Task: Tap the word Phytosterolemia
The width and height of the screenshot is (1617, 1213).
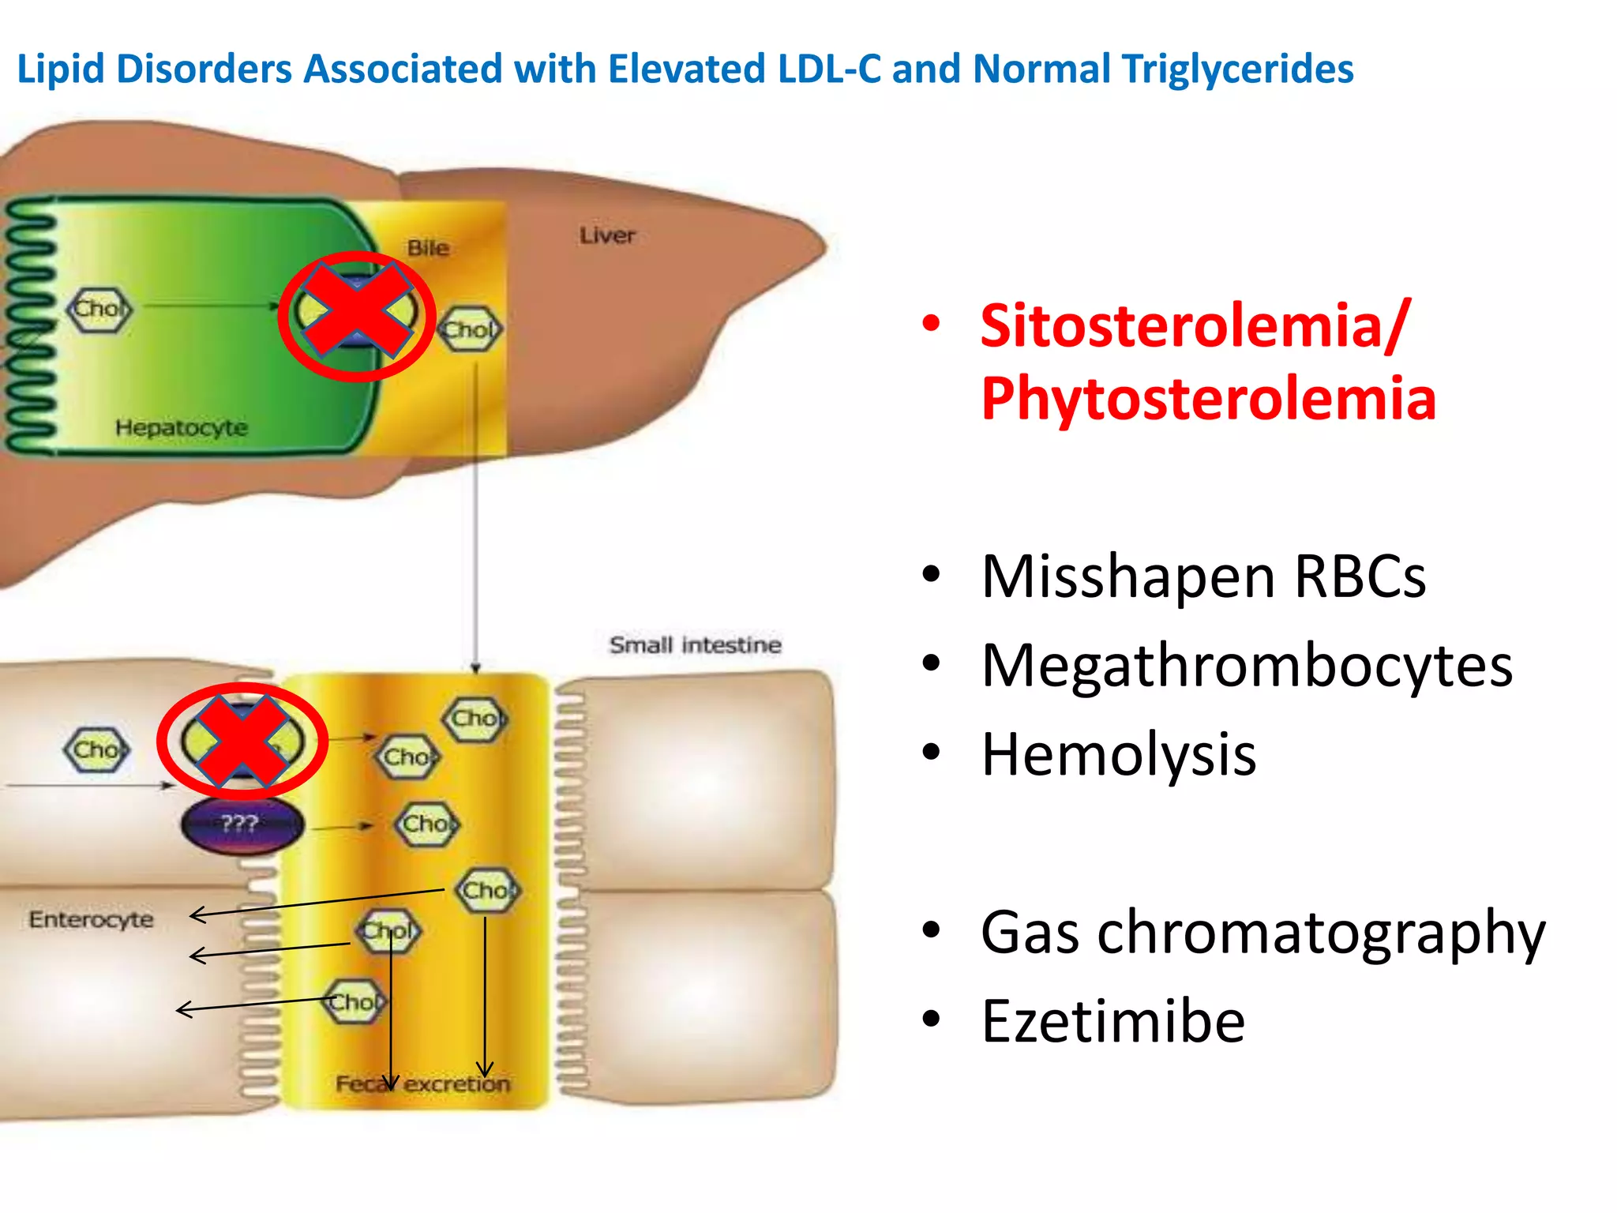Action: [x=1208, y=399]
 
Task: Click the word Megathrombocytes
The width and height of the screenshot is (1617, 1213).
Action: [x=1246, y=666]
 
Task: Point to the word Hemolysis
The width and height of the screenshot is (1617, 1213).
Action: [x=1118, y=755]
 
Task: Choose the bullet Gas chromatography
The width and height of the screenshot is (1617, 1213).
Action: [x=1262, y=933]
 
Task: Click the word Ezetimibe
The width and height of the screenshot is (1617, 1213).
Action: [x=1112, y=1022]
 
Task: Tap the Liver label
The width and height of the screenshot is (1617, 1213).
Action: [x=607, y=235]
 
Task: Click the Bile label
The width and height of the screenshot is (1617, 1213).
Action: [x=428, y=248]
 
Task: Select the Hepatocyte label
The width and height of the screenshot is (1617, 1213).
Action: [x=181, y=427]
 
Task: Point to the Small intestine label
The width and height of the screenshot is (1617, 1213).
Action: [x=695, y=645]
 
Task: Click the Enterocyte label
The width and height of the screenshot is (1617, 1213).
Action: [x=91, y=919]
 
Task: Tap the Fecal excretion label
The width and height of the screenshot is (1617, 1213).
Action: [x=422, y=1083]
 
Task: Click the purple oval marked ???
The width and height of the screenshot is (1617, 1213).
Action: [x=241, y=824]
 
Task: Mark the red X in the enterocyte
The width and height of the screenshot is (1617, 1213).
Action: [x=242, y=741]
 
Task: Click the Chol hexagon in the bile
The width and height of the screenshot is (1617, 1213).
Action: [x=470, y=329]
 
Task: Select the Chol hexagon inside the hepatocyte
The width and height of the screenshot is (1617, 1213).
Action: [x=99, y=309]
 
